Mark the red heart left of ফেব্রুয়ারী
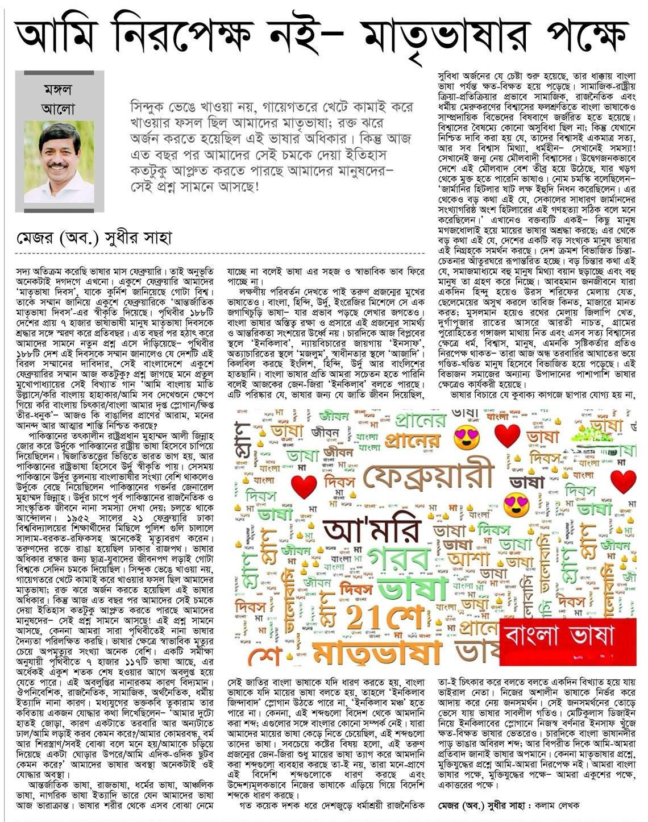pos(304,486)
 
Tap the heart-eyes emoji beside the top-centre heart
pos(467,436)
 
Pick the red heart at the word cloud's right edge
pos(624,481)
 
